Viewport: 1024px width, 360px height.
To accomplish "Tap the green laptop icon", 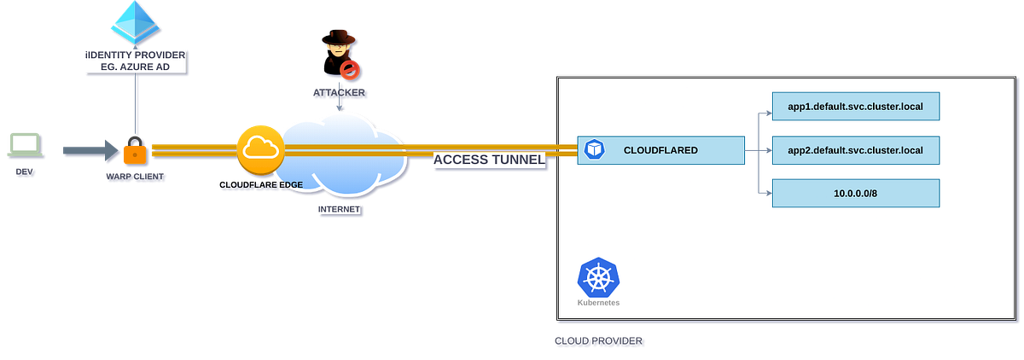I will tap(23, 145).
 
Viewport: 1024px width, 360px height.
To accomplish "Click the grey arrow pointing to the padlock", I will tap(89, 151).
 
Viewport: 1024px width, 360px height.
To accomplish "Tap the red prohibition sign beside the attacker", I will tap(348, 68).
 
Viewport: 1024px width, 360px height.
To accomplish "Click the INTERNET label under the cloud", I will tap(339, 208).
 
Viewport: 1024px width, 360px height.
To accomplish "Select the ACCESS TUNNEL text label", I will tap(489, 160).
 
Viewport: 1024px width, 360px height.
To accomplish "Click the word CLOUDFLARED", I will tap(660, 150).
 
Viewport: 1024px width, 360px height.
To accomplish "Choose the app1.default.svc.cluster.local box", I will tap(855, 106).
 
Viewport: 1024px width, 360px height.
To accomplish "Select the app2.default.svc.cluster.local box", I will tap(855, 150).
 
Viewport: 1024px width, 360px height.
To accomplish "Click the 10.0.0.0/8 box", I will tap(855, 194).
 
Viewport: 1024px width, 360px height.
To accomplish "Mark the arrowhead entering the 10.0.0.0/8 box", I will tap(767, 194).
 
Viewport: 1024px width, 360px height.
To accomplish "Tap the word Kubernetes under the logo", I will tap(598, 303).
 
